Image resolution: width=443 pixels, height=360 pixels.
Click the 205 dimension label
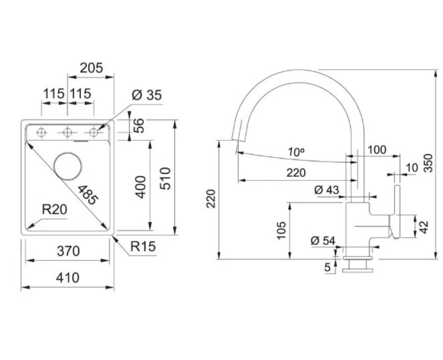(x=91, y=68)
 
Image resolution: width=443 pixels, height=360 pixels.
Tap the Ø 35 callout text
(x=147, y=95)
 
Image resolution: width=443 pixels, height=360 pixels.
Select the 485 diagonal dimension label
(x=88, y=194)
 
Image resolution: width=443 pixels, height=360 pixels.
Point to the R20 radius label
(x=54, y=210)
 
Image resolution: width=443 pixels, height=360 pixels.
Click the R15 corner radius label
(x=143, y=246)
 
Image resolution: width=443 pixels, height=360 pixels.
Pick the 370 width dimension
(x=68, y=251)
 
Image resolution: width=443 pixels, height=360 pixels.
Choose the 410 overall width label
(x=68, y=277)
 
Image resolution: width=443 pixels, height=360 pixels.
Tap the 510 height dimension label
(x=165, y=178)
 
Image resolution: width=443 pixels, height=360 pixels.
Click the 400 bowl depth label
(x=141, y=187)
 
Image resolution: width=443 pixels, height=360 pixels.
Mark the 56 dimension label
(x=138, y=126)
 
